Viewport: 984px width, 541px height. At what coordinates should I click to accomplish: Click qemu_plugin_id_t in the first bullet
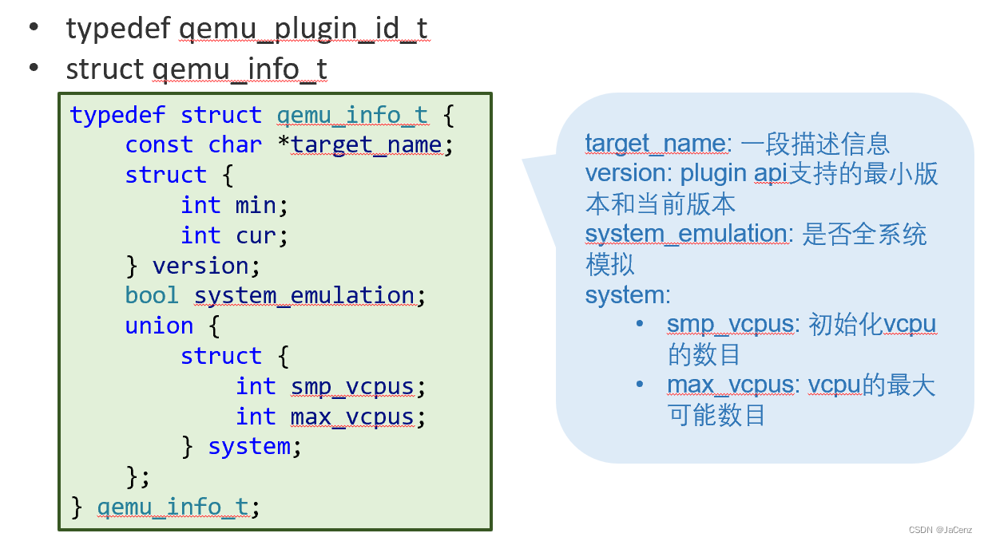304,29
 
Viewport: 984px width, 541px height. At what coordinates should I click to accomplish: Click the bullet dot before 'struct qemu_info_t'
34,68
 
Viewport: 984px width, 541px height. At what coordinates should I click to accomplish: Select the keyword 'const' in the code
159,144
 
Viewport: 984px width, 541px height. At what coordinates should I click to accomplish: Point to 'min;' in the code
261,205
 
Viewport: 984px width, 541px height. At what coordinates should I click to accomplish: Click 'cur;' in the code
261,235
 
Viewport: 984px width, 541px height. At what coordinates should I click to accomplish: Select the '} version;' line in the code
192,265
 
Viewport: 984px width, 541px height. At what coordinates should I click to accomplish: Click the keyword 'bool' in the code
152,295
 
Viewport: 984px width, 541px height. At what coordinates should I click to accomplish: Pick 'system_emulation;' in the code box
311,295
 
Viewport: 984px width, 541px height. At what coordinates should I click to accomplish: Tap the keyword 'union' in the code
159,326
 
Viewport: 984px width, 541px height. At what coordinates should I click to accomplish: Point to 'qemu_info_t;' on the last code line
178,507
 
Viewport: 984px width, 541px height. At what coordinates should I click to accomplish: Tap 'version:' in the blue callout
629,173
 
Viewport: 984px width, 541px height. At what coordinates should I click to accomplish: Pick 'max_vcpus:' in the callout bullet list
733,385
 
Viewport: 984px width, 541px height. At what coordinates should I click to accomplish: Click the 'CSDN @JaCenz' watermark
939,530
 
